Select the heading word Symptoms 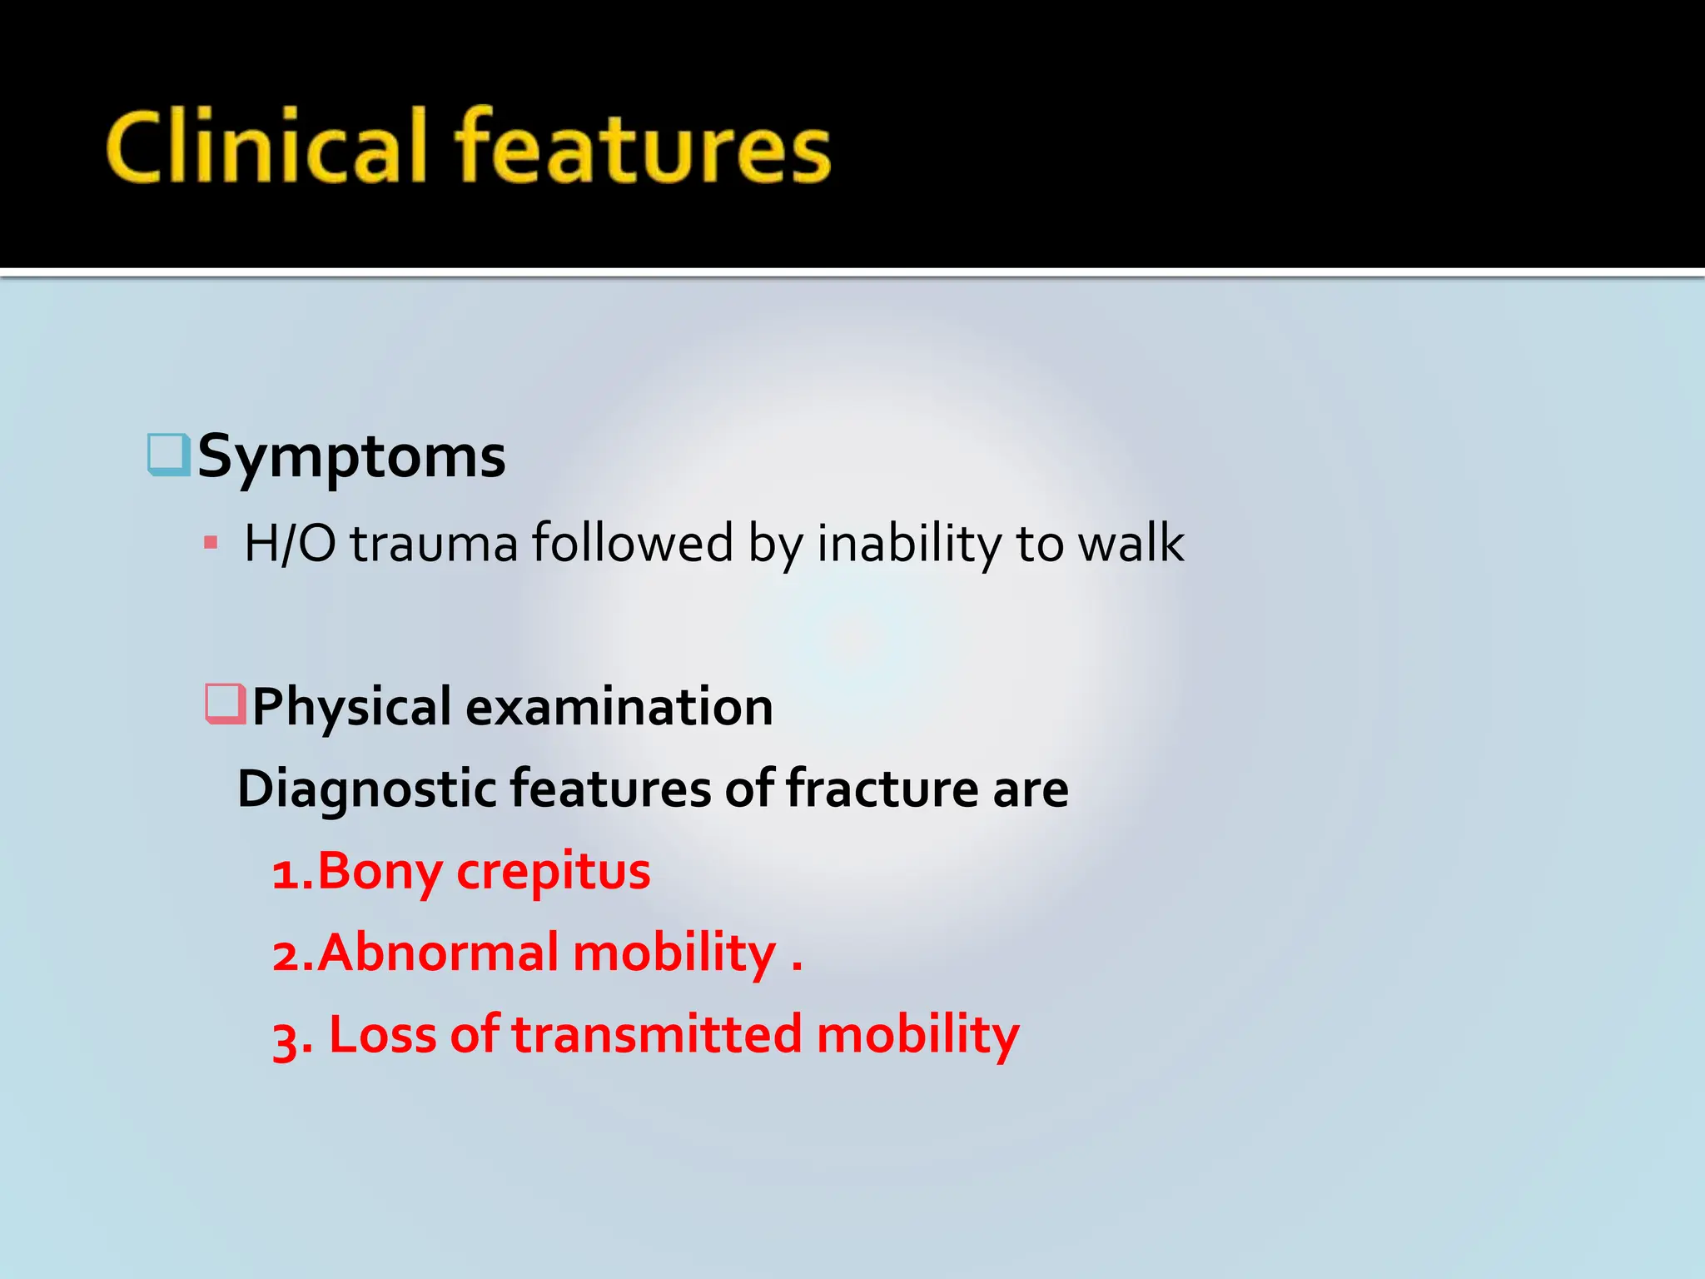coord(351,456)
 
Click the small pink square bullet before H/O coord(211,544)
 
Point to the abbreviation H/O coord(290,544)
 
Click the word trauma coord(434,544)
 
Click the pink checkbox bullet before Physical coord(226,704)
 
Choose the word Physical coord(351,707)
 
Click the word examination coord(619,707)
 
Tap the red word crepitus coord(554,872)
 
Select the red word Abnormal coord(438,953)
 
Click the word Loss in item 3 coord(382,1034)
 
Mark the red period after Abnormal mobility coord(797,968)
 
